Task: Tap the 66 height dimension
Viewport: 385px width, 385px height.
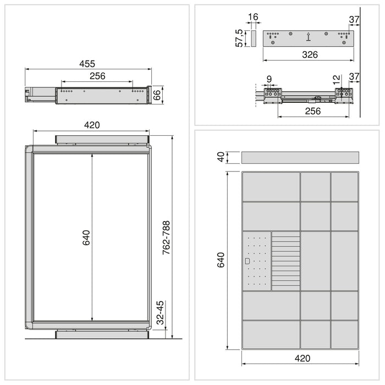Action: (x=157, y=94)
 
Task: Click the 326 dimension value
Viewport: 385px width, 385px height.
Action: (x=309, y=54)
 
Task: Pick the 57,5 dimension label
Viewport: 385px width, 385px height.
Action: (x=239, y=38)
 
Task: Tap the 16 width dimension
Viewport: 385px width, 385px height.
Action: (x=253, y=18)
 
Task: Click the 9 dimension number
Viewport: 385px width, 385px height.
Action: (x=268, y=80)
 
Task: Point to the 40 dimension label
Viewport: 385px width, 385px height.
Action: (x=221, y=157)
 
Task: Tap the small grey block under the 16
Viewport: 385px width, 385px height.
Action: (x=253, y=38)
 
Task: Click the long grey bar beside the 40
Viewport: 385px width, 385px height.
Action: (x=300, y=157)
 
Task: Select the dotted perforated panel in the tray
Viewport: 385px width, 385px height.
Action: (x=257, y=261)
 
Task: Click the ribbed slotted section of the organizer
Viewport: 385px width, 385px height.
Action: (x=286, y=261)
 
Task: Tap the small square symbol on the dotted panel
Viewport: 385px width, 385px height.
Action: (x=247, y=261)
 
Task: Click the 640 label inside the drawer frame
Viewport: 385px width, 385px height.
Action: (x=86, y=237)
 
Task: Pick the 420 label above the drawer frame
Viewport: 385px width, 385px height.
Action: (x=92, y=125)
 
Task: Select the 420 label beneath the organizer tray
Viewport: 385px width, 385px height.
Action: (x=302, y=358)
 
